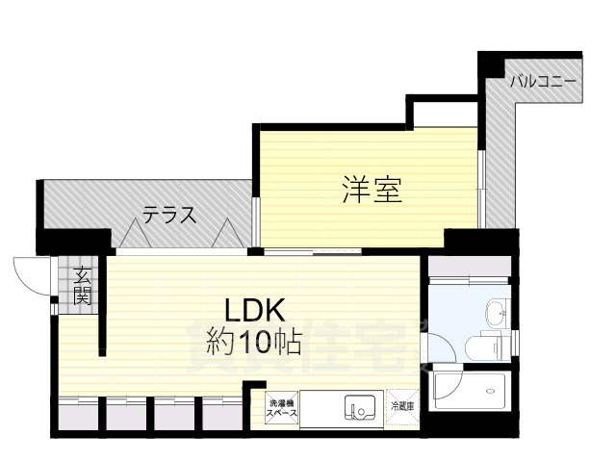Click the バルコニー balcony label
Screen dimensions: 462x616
[x=543, y=81]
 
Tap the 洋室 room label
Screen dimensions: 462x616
[x=372, y=190]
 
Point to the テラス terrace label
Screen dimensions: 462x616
[x=170, y=215]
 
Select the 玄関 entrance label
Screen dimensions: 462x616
[x=84, y=286]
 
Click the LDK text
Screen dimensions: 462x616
[x=254, y=310]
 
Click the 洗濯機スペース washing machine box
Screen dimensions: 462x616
[x=282, y=409]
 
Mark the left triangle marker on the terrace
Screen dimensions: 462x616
[x=130, y=234]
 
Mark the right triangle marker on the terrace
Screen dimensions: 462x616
[x=226, y=234]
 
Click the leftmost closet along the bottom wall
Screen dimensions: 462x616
[x=79, y=414]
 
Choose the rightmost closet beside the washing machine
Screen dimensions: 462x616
[x=223, y=414]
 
